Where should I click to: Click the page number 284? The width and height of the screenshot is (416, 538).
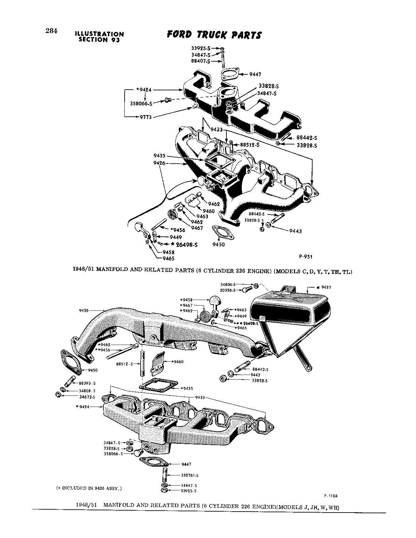(51, 31)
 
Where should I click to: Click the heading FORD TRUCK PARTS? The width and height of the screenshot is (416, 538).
(214, 35)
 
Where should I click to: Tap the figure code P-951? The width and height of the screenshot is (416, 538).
(305, 257)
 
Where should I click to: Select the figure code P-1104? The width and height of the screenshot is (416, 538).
(331, 496)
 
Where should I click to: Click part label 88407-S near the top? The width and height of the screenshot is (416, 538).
(201, 61)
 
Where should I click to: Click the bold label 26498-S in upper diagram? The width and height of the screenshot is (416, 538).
(187, 244)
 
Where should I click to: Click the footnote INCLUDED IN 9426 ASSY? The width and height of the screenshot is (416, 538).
(89, 488)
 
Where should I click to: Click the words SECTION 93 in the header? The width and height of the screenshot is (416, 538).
(99, 40)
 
